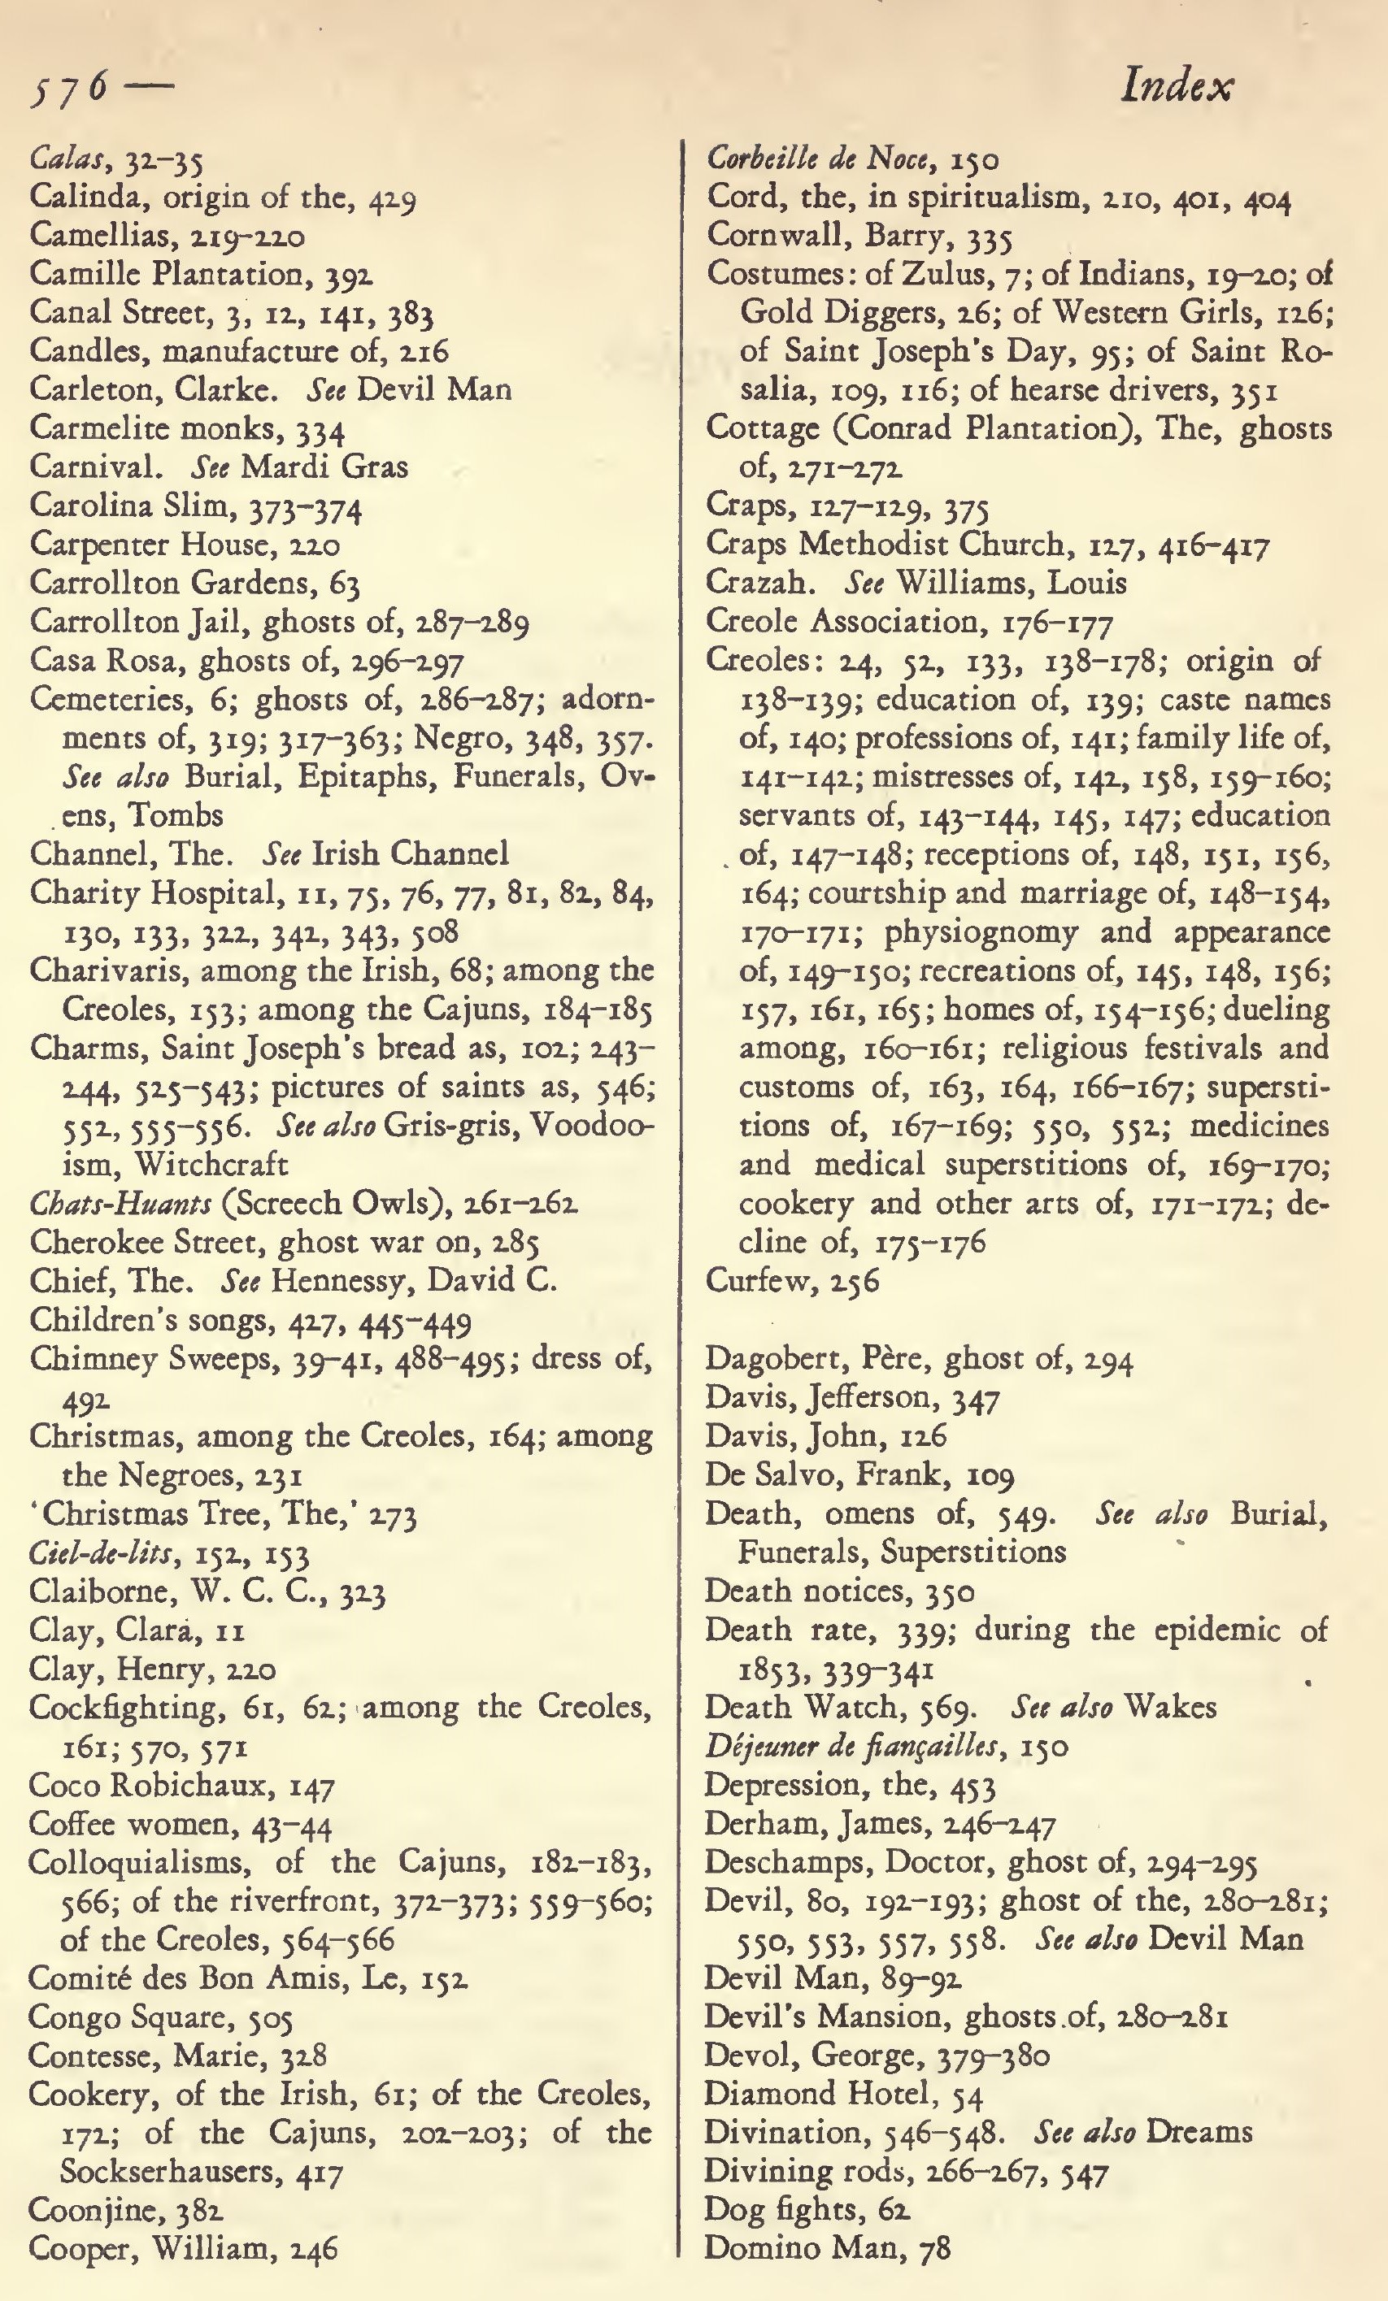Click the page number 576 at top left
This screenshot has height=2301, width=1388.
pyautogui.click(x=69, y=90)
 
